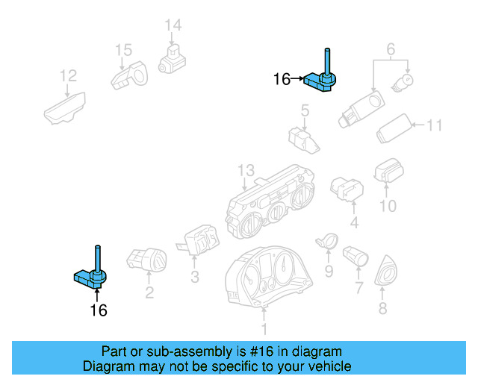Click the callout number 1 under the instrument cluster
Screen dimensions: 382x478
tap(263, 329)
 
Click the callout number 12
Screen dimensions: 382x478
tap(68, 75)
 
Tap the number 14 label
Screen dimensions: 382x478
tap(173, 26)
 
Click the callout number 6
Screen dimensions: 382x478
tap(390, 51)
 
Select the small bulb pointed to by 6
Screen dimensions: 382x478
tap(408, 79)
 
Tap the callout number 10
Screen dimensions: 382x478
tap(387, 204)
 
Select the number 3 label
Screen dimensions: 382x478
tap(194, 278)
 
